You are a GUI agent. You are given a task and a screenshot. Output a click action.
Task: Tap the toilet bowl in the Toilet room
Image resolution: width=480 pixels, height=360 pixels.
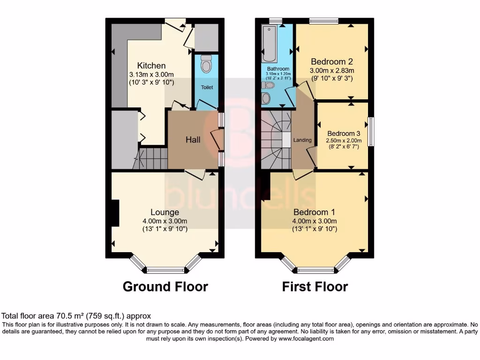206,64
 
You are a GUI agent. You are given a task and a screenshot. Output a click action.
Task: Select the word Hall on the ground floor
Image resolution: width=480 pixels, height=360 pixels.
193,140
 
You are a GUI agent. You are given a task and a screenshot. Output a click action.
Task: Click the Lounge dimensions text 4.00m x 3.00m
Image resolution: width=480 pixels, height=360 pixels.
165,221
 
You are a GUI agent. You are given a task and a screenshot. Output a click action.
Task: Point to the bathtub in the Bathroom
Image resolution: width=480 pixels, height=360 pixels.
270,45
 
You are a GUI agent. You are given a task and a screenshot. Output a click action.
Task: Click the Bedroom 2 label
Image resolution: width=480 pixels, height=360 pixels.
332,62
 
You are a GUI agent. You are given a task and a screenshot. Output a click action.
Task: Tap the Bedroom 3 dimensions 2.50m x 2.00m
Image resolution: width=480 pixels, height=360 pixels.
345,140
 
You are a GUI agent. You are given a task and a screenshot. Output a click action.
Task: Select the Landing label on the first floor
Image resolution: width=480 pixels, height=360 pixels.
302,140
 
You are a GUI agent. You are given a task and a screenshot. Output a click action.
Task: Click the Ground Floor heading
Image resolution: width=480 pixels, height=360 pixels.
165,286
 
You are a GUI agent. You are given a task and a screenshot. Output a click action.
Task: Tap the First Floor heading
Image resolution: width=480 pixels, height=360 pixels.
315,286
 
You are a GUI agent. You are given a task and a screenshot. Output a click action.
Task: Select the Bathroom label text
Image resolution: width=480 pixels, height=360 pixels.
278,69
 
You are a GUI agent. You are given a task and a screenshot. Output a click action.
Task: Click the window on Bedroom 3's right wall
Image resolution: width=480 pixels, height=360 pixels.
371,132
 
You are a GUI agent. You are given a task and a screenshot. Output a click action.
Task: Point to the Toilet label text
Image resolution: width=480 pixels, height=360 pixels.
207,88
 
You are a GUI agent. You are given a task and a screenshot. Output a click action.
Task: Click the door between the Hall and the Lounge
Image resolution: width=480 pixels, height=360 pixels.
195,174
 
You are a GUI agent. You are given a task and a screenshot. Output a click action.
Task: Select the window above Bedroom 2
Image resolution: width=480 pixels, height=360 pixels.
324,20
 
